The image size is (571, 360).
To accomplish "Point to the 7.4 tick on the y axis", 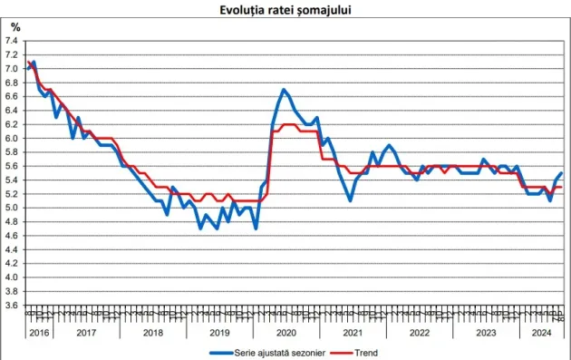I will pyautogui.click(x=12, y=41).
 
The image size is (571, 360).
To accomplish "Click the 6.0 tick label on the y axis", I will pyautogui.click(x=12, y=138).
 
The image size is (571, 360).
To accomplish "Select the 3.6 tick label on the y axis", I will pyautogui.click(x=12, y=306).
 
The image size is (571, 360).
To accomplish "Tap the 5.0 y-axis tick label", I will pyautogui.click(x=12, y=208).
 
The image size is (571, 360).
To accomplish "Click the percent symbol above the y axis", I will pyautogui.click(x=15, y=28).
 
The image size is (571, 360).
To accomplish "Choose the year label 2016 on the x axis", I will pyautogui.click(x=37, y=333).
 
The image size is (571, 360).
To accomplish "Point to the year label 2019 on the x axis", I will pyautogui.click(x=218, y=333).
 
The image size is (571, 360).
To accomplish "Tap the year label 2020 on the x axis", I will pyautogui.click(x=285, y=333).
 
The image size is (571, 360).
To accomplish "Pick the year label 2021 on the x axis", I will pyautogui.click(x=353, y=333).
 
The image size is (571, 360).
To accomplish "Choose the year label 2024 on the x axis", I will pyautogui.click(x=540, y=333).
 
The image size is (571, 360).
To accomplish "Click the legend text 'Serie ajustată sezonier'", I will pyautogui.click(x=291, y=352).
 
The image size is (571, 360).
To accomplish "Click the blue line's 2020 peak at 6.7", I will pyautogui.click(x=284, y=90).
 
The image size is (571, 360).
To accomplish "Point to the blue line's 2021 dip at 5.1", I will pyautogui.click(x=351, y=200).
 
